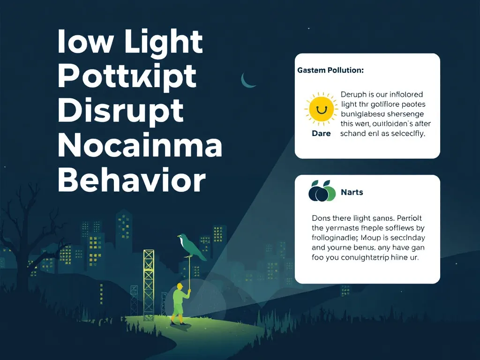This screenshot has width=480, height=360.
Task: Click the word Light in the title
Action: point(164,42)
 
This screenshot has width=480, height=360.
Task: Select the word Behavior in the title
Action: point(132,181)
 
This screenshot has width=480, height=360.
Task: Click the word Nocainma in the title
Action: point(140,146)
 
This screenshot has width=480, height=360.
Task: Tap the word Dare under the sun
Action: point(321,134)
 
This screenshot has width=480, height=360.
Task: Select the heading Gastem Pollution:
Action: point(330,70)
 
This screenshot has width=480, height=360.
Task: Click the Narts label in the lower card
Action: point(352,192)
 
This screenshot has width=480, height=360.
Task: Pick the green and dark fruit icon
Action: point(322,191)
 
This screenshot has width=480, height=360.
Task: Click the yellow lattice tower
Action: point(149,281)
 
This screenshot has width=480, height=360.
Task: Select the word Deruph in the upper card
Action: point(354,95)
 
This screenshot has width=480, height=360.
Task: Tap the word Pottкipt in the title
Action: point(127,77)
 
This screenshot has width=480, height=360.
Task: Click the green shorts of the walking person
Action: point(178,309)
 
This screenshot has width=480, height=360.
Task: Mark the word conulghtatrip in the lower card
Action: point(366,258)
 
